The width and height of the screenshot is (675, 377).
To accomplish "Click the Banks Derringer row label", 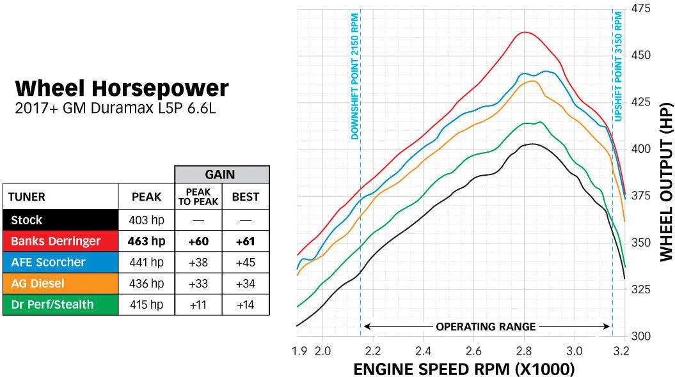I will point(56,241).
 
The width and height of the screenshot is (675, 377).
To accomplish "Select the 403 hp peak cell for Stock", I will point(147,220).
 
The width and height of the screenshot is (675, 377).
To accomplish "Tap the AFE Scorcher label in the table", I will point(48,262).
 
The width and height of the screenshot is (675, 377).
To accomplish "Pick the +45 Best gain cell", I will point(245,262).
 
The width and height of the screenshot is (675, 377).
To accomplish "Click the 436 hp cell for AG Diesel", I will point(147,283).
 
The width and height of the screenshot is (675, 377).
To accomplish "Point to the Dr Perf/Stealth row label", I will point(52,304).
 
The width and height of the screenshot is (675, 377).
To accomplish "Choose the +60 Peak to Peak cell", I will point(198,241).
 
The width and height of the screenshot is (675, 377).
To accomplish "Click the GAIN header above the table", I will point(221,174).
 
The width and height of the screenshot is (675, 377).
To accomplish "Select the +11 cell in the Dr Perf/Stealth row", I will point(198,304).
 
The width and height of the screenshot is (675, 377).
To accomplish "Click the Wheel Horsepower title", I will point(122,88).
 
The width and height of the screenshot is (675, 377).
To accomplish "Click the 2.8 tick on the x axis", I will point(524,350).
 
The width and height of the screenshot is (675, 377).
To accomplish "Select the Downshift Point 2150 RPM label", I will point(354,77).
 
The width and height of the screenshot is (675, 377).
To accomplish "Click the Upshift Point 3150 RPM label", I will point(618,66).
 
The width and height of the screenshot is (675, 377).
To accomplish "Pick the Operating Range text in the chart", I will point(486,327).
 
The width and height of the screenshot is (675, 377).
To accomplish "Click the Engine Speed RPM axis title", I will point(464,369).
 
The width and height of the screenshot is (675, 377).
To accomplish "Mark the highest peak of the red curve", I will point(525,32).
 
